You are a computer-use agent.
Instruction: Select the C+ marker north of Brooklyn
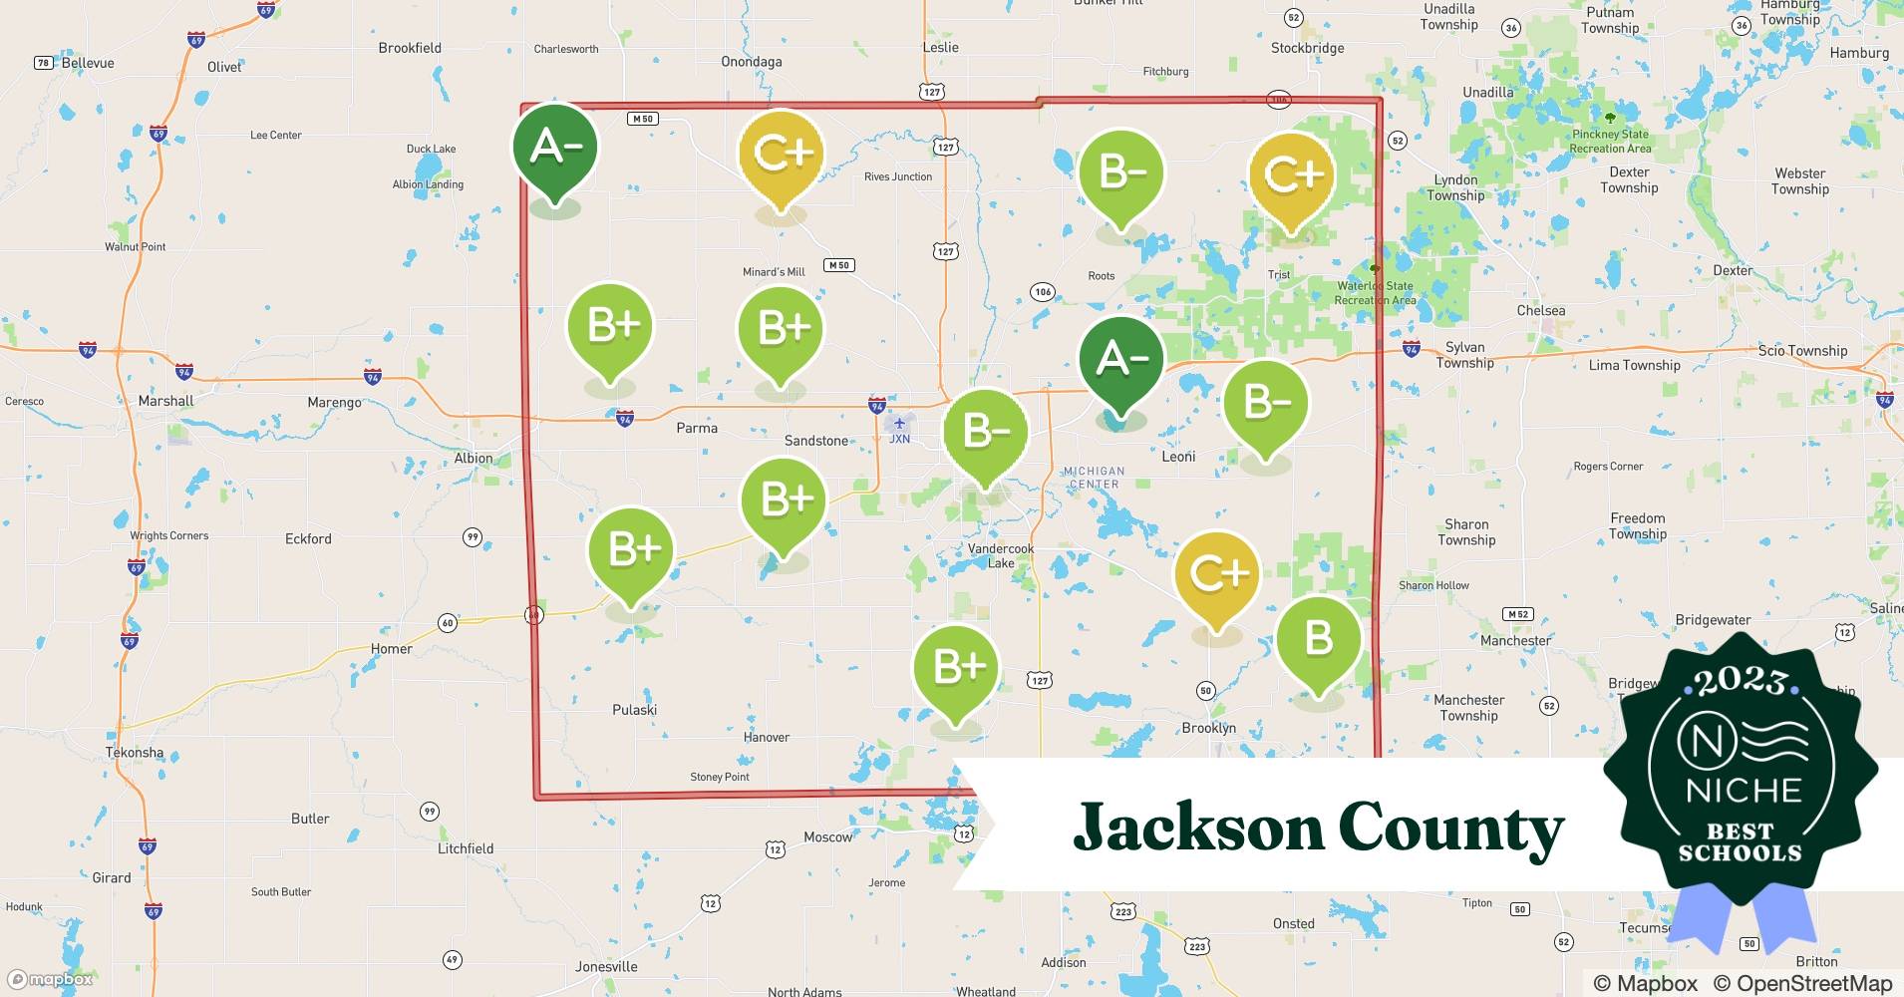[x=1217, y=574]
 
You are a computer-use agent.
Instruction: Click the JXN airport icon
[x=899, y=424]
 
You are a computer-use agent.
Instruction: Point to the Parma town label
[x=697, y=429]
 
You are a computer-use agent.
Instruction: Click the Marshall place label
[x=166, y=401]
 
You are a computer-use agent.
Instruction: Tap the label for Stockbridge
[x=1307, y=48]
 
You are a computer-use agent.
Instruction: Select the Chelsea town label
[x=1540, y=311]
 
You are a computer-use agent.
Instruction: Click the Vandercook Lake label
[x=1001, y=556]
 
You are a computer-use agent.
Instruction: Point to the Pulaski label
[x=634, y=710]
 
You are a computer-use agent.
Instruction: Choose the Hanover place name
[x=767, y=738]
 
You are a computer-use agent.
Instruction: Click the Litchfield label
[x=466, y=849]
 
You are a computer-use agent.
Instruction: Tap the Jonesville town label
[x=606, y=967]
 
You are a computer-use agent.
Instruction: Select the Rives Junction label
[x=898, y=177]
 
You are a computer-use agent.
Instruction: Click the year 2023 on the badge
[x=1741, y=682]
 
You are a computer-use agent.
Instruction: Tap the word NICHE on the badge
[x=1743, y=792]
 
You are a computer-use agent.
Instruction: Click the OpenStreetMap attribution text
[x=1802, y=983]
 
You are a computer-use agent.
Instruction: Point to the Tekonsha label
[x=135, y=753]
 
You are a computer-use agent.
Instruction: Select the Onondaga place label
[x=752, y=62]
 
